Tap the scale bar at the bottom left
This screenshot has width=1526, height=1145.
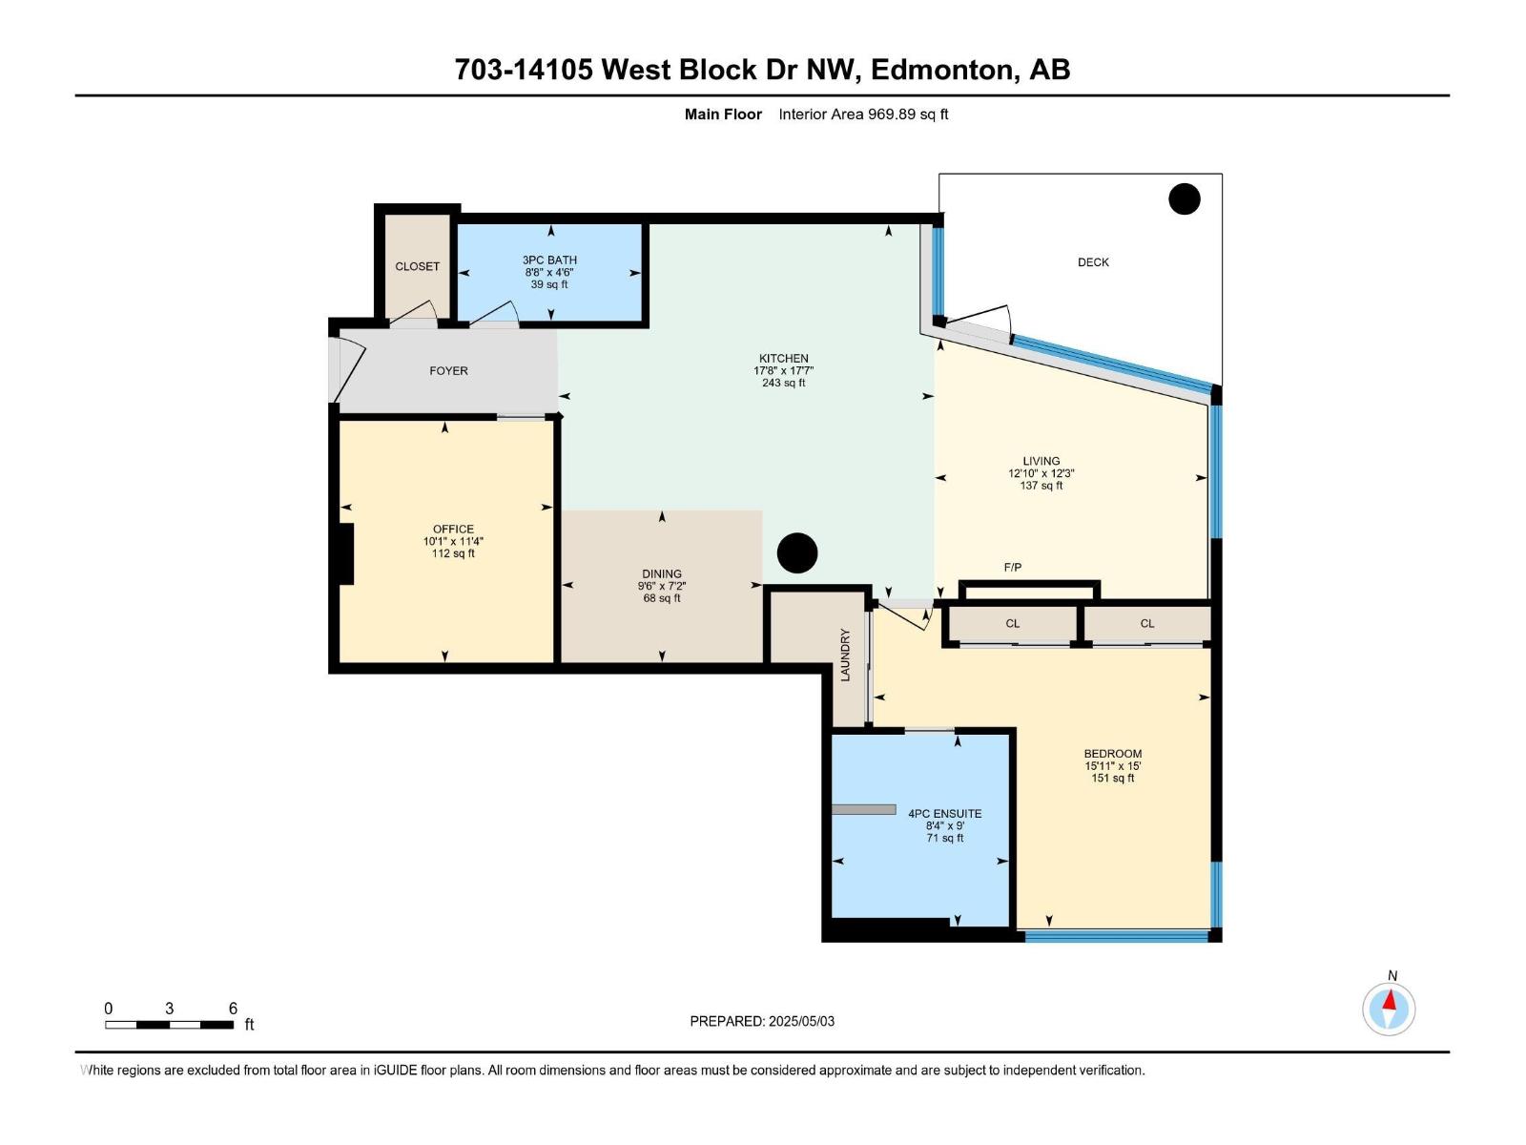169,1024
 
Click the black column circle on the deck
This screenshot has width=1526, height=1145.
1184,199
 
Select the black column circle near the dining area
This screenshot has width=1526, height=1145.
796,553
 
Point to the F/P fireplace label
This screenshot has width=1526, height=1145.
1013,568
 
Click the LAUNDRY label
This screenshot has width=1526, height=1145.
845,655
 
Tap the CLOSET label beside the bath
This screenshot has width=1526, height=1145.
417,266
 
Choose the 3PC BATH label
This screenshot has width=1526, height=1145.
549,260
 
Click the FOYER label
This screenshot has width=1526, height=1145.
448,370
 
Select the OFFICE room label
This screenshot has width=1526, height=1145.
453,529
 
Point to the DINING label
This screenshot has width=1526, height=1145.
662,573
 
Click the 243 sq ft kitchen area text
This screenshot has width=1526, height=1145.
784,383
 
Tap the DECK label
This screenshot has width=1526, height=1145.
1093,262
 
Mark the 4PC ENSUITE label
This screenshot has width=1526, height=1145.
945,813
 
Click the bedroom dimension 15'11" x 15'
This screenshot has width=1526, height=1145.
1112,765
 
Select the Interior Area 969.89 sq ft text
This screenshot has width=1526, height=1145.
863,114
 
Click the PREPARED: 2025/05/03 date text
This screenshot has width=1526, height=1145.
762,1021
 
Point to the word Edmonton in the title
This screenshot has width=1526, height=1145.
942,70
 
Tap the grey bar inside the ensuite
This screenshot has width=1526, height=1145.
863,809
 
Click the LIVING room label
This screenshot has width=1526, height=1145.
1041,461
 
